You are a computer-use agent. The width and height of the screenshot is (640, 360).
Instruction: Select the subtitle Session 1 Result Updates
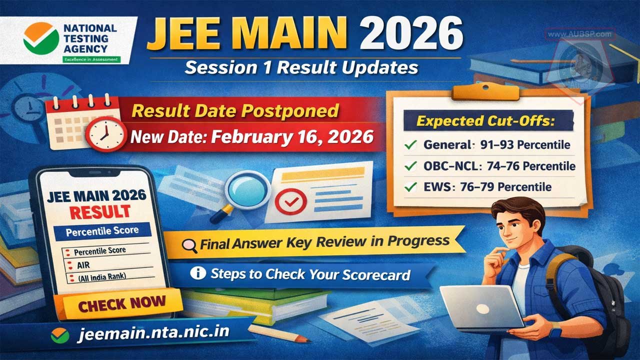click(301, 67)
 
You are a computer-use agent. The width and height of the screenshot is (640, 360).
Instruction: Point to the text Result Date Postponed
click(235, 110)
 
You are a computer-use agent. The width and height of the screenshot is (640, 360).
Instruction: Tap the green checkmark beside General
click(410, 145)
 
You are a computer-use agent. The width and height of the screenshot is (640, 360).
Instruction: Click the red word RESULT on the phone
click(99, 211)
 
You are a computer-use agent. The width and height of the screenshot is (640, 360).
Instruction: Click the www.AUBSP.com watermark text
click(579, 34)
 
